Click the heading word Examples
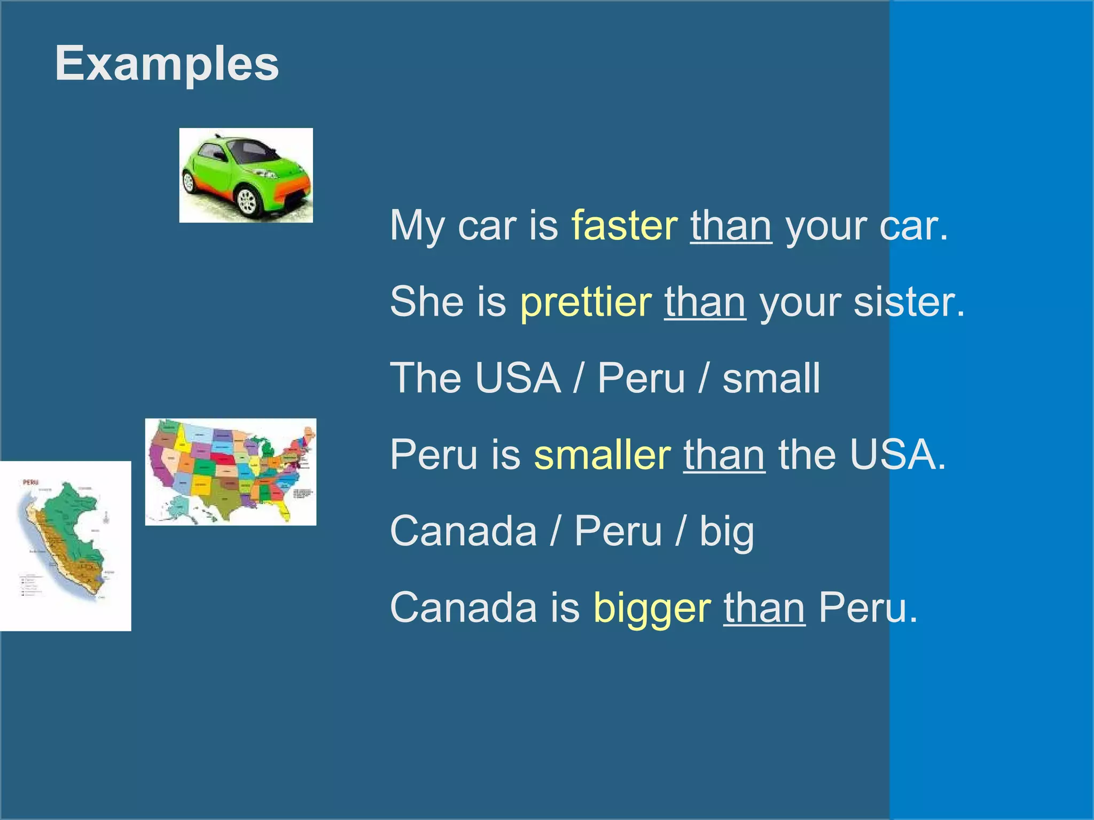pos(167,64)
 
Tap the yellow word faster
pos(624,225)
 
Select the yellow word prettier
pos(585,302)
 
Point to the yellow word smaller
pos(602,455)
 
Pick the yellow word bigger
pos(652,609)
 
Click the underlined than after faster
pos(731,225)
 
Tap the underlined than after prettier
pos(705,302)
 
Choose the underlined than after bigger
pos(764,608)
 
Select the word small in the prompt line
pos(771,378)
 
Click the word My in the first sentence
pos(417,226)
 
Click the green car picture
pos(246,175)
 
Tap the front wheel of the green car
pos(247,201)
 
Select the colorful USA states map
pos(231,472)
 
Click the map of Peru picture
pos(65,546)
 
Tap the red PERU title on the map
pos(30,482)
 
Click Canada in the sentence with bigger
pos(463,608)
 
